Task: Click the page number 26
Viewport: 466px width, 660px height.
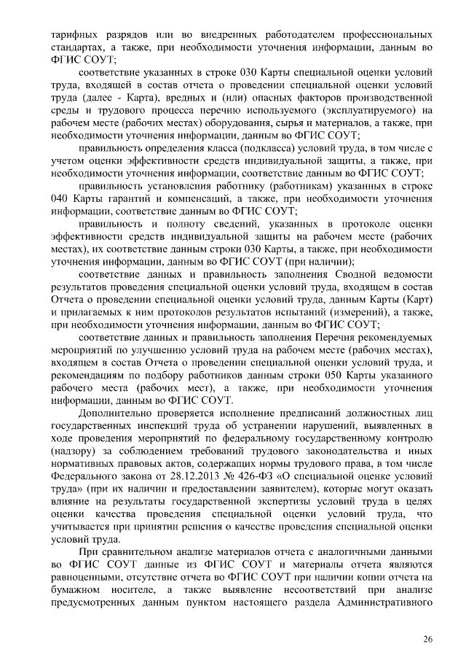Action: pos(428,639)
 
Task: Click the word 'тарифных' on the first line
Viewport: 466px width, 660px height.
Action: pos(72,35)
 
